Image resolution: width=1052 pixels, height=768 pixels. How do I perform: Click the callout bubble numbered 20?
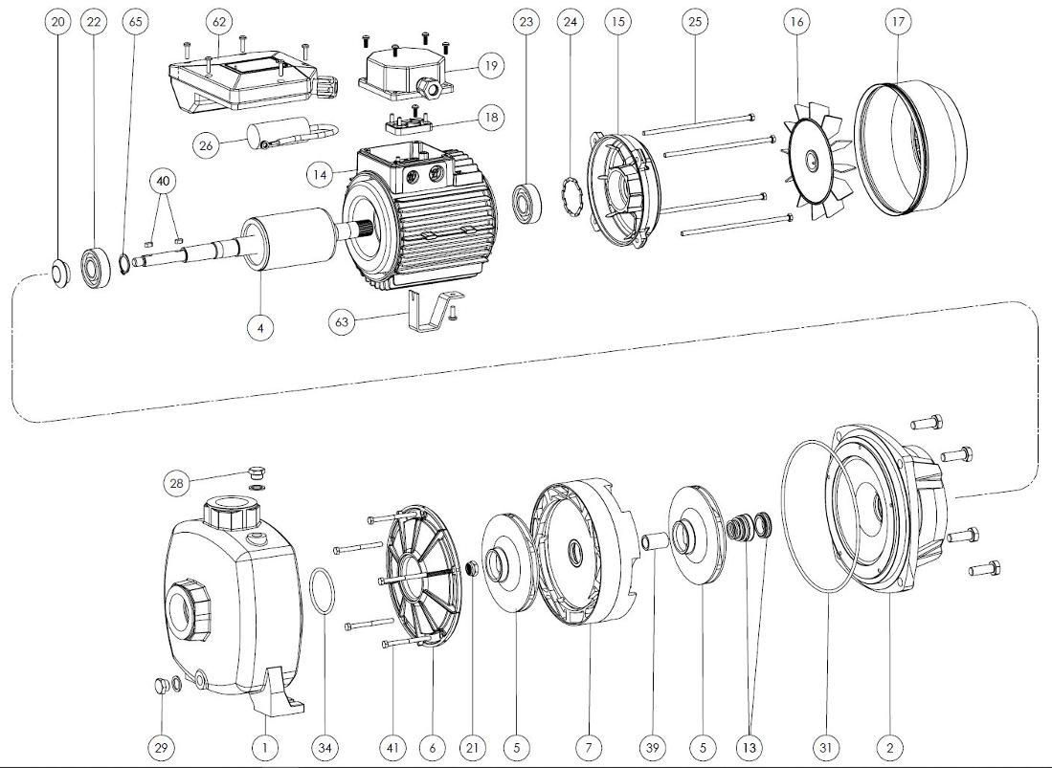coord(59,21)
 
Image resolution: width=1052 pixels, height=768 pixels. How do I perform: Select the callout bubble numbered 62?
coord(219,21)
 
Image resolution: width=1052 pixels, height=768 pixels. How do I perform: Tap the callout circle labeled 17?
coord(896,21)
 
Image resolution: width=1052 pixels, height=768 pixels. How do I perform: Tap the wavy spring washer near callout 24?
coord(570,202)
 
